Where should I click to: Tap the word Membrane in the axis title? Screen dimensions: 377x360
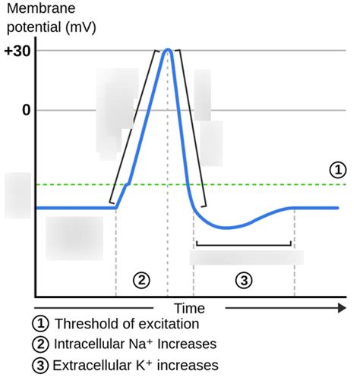[x=36, y=8]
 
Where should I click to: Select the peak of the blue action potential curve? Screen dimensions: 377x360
[x=167, y=50]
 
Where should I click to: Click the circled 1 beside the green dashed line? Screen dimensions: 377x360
[x=337, y=171]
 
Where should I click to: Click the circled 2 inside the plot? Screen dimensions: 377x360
[x=141, y=280]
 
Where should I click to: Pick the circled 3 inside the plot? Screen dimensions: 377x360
[x=243, y=280]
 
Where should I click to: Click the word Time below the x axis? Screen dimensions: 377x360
[x=189, y=309]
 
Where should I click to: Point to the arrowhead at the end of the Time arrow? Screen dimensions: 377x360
[x=340, y=309]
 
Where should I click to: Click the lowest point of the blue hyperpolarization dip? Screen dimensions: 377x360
[x=228, y=227]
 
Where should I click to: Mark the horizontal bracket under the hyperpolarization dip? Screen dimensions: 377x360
[x=243, y=244]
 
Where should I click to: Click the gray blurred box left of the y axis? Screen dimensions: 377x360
[x=17, y=195]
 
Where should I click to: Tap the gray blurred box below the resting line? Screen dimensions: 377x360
[x=74, y=238]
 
